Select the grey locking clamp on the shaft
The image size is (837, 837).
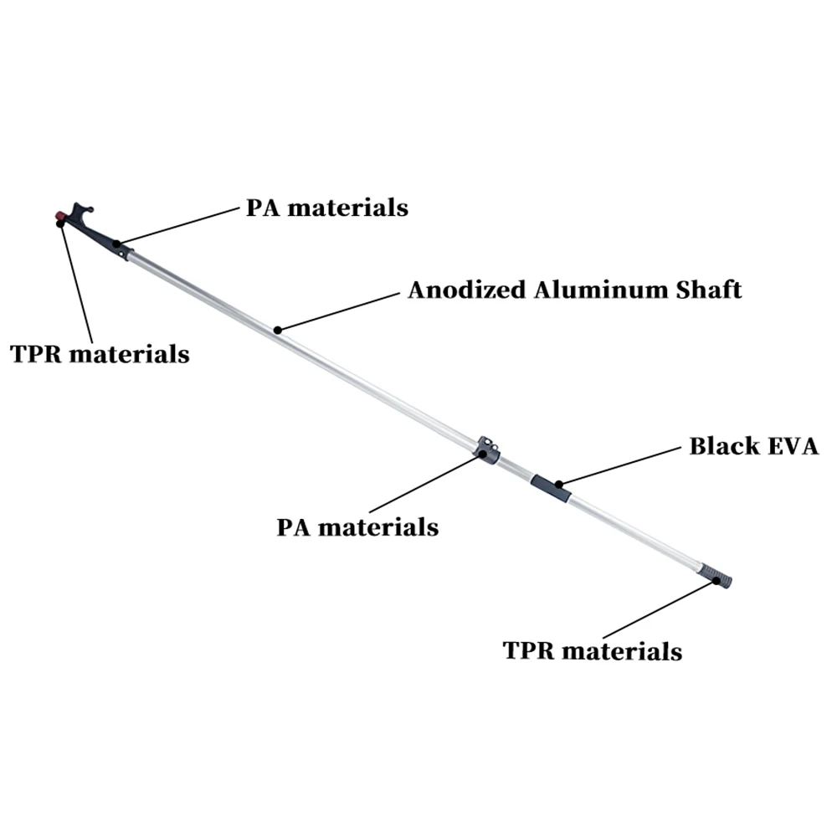[488, 449]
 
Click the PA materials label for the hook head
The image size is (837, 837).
[326, 207]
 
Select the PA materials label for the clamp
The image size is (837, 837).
[357, 528]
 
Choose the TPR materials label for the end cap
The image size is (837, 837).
[593, 650]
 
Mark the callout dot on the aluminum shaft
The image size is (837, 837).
[278, 330]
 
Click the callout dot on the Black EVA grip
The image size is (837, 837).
[558, 483]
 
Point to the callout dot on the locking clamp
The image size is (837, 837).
[482, 454]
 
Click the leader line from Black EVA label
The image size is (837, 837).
[619, 465]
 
